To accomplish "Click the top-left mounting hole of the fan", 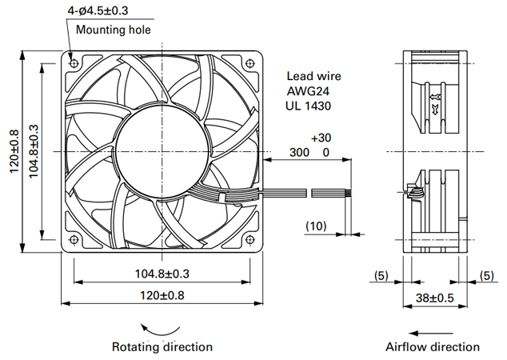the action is click(74, 62).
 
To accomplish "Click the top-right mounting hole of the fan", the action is click(250, 62).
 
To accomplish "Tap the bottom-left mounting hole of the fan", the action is click(74, 240).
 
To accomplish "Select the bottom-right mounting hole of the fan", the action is click(250, 240).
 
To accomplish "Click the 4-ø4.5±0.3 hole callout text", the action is click(98, 10).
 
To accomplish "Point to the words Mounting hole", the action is click(114, 30).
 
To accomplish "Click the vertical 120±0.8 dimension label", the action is click(14, 151).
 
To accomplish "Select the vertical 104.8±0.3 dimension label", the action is click(34, 151).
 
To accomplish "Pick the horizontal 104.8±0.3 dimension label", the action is click(162, 274).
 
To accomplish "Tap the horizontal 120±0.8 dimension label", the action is click(162, 295).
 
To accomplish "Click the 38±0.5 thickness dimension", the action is click(435, 298).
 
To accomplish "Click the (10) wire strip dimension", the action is click(316, 226).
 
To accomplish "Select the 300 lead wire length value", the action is click(299, 152).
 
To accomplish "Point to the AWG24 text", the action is click(308, 91).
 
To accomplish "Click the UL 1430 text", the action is click(309, 106).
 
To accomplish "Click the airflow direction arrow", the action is click(431, 333).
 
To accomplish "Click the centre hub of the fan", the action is click(162, 151).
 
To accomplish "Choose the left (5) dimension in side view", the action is click(381, 275).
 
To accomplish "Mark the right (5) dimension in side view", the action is click(487, 275).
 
